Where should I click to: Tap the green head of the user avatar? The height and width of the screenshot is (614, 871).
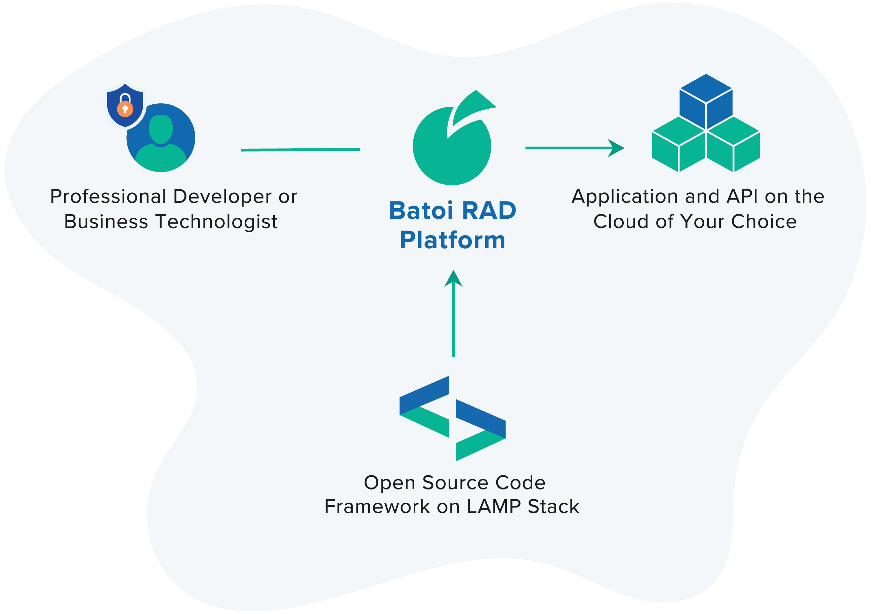click(161, 129)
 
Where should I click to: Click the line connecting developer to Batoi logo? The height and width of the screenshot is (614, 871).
click(300, 150)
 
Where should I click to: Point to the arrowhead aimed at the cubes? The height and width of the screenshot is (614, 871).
click(616, 148)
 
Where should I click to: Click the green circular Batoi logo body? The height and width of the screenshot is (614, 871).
click(451, 156)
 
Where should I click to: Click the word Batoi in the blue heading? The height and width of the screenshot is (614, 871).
click(421, 211)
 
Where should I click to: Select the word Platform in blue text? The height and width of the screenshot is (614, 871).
click(453, 240)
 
